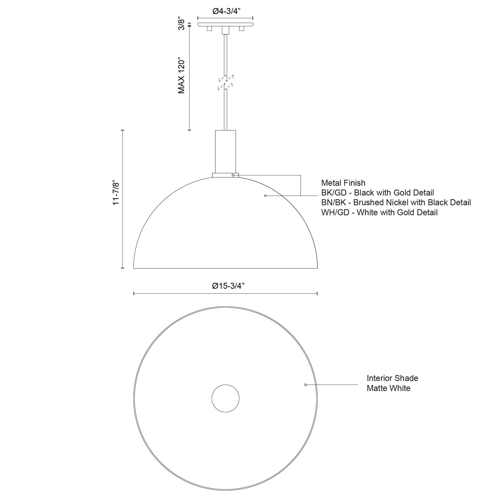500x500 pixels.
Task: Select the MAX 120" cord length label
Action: (181, 77)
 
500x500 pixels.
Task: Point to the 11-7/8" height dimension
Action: (116, 193)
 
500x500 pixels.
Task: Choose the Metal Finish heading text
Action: (343, 183)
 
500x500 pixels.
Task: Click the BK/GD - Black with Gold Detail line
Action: (377, 193)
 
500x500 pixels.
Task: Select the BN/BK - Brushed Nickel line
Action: (396, 202)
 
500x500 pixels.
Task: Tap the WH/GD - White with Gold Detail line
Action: (379, 212)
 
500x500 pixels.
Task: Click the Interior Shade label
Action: (392, 378)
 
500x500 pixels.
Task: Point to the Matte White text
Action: (388, 388)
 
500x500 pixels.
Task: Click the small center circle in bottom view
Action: (226, 398)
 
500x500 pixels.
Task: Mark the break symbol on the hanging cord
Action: (226, 82)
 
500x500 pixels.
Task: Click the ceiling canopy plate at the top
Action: (225, 25)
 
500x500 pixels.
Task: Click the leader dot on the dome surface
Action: (265, 196)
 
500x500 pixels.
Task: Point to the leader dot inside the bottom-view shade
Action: (305, 385)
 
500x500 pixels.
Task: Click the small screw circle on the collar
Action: (233, 175)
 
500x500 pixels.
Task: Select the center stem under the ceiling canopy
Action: (226, 31)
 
